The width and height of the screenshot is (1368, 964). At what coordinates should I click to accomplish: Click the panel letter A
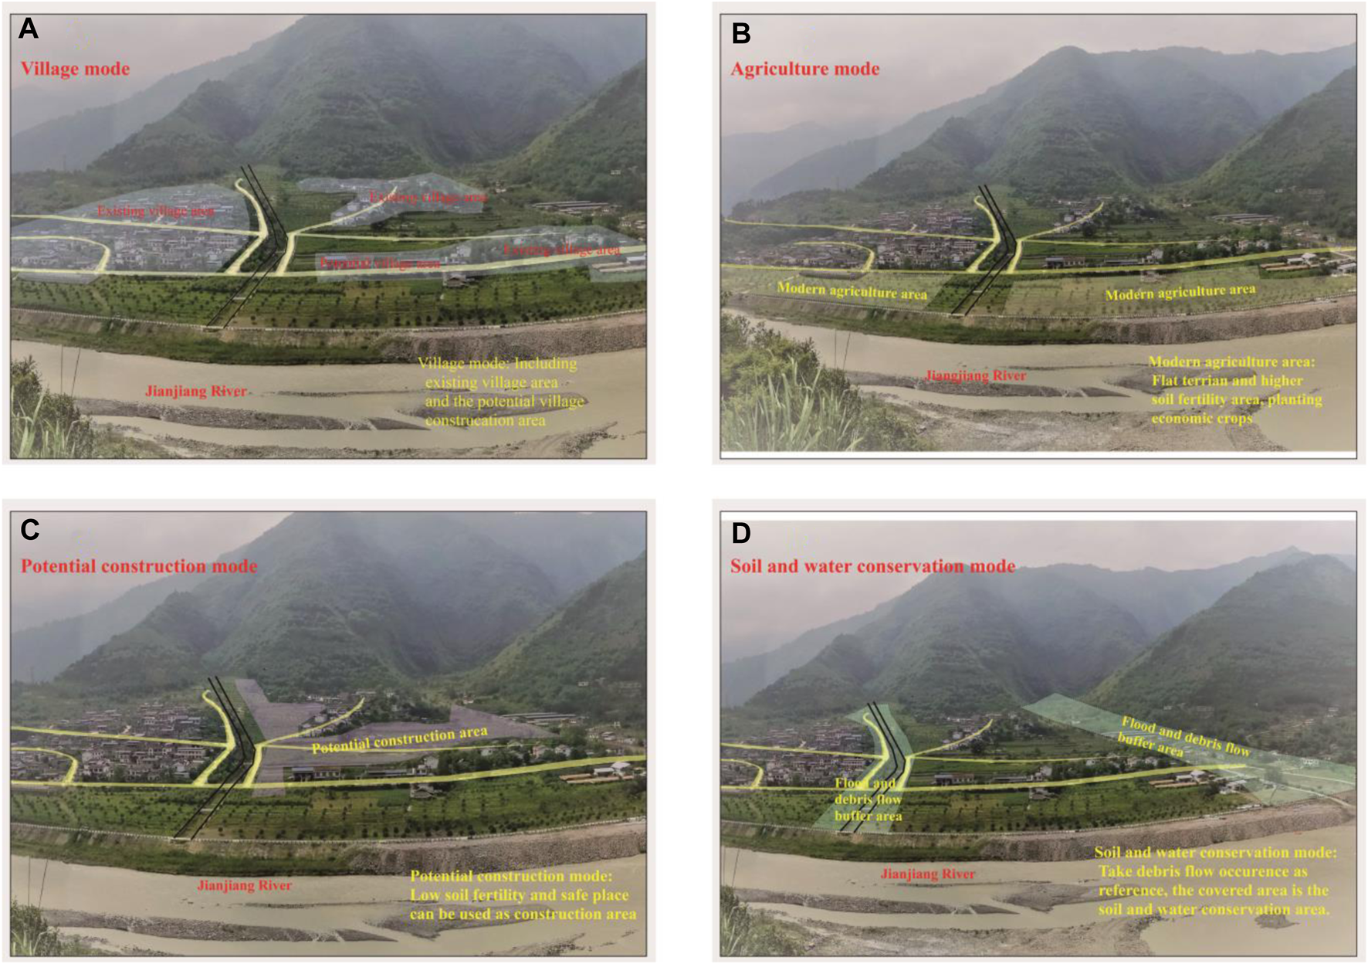[29, 29]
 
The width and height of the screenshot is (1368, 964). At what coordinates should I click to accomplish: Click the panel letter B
[740, 33]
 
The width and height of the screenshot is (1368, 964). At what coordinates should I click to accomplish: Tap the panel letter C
[29, 529]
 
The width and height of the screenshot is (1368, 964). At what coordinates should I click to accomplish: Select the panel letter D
[740, 533]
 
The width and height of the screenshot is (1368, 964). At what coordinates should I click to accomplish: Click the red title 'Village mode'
[75, 69]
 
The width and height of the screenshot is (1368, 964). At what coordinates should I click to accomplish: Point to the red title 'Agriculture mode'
[804, 69]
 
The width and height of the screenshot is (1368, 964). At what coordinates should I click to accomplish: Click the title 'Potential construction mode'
[139, 566]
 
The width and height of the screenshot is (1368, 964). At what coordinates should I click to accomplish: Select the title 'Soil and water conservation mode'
[872, 566]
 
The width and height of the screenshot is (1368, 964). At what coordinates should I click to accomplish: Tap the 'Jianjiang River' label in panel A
[196, 391]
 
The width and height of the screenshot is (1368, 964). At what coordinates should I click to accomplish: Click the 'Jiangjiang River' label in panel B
[976, 376]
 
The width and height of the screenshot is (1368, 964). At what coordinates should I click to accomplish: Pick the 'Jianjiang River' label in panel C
[244, 885]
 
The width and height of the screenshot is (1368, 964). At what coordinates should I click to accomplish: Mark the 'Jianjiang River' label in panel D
[927, 874]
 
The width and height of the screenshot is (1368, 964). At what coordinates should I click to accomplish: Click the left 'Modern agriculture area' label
[852, 290]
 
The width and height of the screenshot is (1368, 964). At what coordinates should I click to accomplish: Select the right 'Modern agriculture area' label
[1180, 292]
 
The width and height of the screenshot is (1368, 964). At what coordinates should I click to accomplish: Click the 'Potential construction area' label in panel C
[399, 739]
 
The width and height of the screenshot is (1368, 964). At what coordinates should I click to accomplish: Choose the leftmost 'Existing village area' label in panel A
[155, 211]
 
